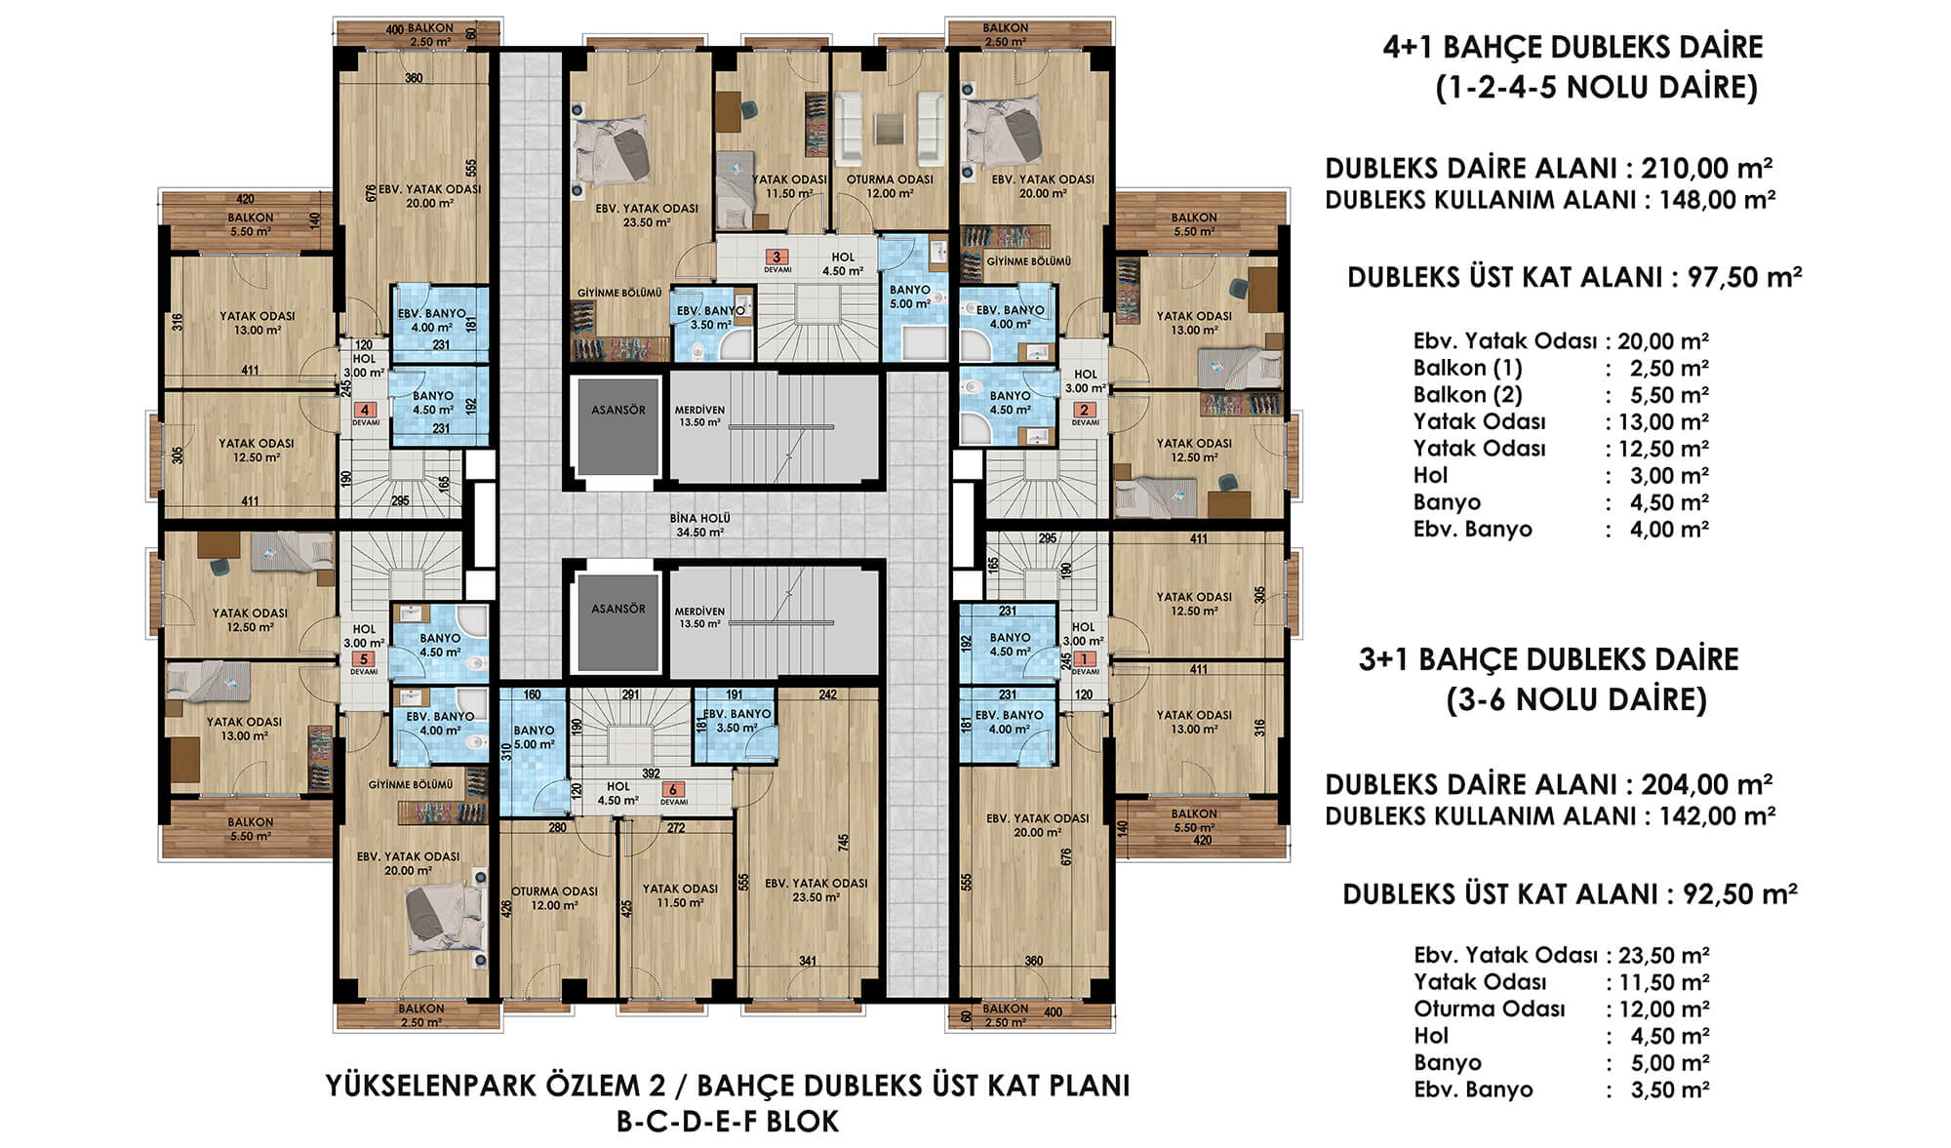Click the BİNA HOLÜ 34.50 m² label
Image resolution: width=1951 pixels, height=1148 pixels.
[699, 526]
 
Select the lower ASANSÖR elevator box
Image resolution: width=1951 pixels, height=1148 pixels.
[618, 623]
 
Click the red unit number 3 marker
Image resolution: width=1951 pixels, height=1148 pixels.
[776, 257]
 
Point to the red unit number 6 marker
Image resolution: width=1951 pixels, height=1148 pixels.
[672, 789]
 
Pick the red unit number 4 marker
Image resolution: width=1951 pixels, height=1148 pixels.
[365, 411]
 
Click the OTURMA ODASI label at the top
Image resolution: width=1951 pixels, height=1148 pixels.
[890, 179]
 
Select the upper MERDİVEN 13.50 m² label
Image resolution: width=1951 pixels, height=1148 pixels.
[699, 416]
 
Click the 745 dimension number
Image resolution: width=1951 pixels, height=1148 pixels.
[843, 841]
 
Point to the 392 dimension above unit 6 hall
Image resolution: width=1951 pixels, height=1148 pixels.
[651, 773]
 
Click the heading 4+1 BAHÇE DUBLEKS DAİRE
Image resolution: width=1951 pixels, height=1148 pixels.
[1573, 47]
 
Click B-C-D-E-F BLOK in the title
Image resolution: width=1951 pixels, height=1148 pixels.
[728, 1122]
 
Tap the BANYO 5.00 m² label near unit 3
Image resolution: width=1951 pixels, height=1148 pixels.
[909, 297]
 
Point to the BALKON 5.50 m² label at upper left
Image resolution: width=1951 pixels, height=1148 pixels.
[251, 224]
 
